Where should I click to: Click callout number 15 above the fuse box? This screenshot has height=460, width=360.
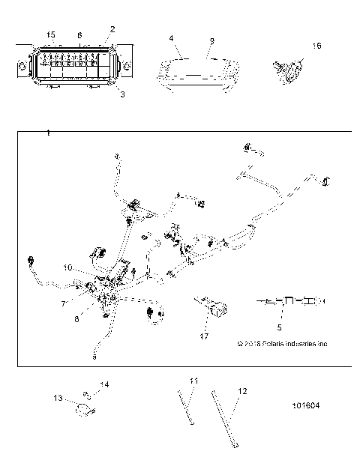(x=51, y=35)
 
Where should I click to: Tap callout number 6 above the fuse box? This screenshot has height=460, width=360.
(x=79, y=35)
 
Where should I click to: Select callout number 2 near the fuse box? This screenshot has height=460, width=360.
(x=112, y=29)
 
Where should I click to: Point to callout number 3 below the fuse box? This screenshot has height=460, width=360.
(x=123, y=95)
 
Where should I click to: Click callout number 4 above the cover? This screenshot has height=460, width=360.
(x=171, y=37)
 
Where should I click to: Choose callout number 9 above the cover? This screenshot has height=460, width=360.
(x=211, y=40)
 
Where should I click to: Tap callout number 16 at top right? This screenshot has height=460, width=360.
(x=316, y=46)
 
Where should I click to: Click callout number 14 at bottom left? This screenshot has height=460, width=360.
(x=105, y=385)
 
